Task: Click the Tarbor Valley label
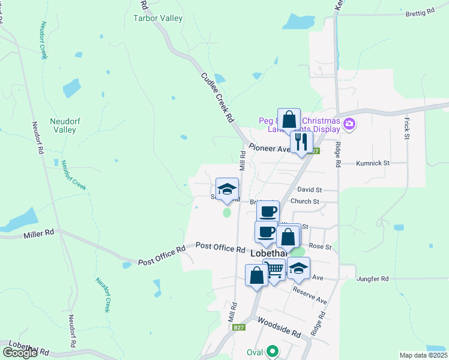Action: coord(157,18)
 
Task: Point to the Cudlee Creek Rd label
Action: coord(217,98)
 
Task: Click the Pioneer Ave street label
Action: coord(269,148)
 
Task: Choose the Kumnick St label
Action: coord(373,163)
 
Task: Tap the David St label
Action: coord(310,189)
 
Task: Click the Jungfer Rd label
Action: coord(373,279)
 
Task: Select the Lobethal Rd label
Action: coord(28,349)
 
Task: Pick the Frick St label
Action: coord(407,129)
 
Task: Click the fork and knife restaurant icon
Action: coord(301,142)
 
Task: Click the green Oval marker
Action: coord(273,352)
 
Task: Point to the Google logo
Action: coord(20,353)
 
